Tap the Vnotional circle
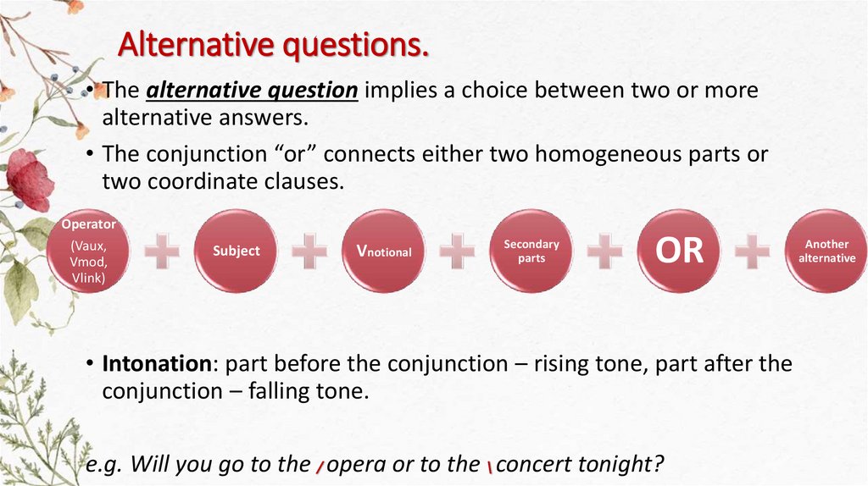pos(384,251)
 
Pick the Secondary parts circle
pos(531,251)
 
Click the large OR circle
pos(680,251)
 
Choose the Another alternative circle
pos(826,251)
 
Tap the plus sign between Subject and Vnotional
pos(309,251)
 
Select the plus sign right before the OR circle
pos(605,251)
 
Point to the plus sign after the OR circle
pos(753,251)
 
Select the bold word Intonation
pos(156,364)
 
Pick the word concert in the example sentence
pos(536,465)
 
